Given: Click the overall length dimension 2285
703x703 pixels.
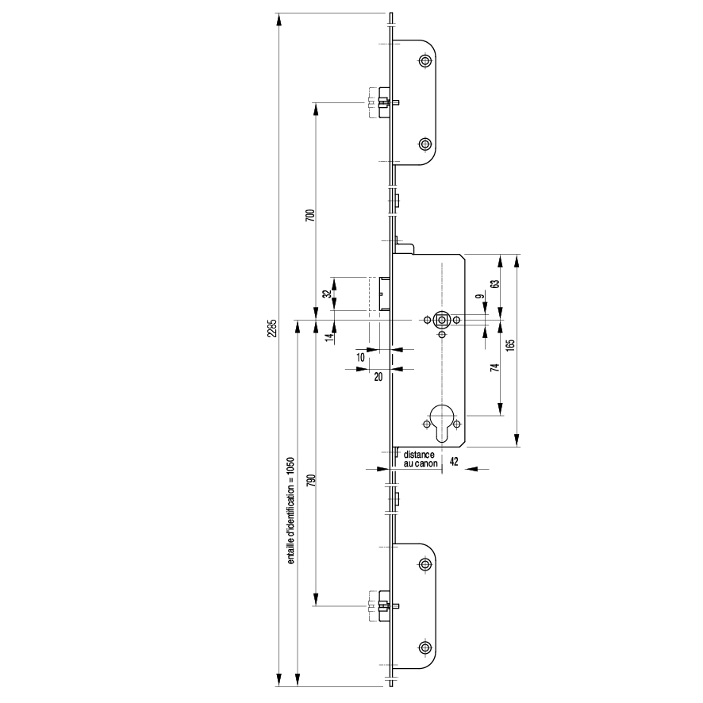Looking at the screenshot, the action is (272, 328).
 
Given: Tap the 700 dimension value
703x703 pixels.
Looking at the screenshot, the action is (311, 215).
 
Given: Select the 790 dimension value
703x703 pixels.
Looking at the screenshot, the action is (311, 480).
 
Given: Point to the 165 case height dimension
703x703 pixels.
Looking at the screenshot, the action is (511, 345).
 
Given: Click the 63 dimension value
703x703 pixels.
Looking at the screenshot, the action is (495, 284).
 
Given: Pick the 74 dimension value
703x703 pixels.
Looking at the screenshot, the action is (495, 367).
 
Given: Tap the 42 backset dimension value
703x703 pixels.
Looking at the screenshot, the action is (454, 461).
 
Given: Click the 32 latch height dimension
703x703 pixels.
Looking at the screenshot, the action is (327, 294).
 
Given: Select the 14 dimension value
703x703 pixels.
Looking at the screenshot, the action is (330, 337).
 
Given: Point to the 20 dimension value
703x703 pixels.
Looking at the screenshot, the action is (378, 377).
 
